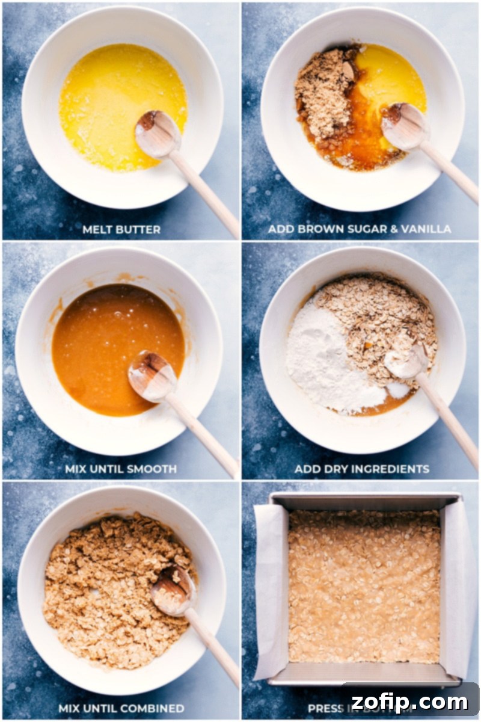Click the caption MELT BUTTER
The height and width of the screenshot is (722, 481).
point(121,229)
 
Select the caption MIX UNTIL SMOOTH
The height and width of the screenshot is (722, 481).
point(121,469)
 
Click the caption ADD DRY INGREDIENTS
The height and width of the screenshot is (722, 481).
point(361,469)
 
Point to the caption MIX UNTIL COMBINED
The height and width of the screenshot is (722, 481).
point(121,708)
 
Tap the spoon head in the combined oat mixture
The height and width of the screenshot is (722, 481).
point(172,590)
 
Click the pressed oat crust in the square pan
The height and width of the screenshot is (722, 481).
point(364,587)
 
